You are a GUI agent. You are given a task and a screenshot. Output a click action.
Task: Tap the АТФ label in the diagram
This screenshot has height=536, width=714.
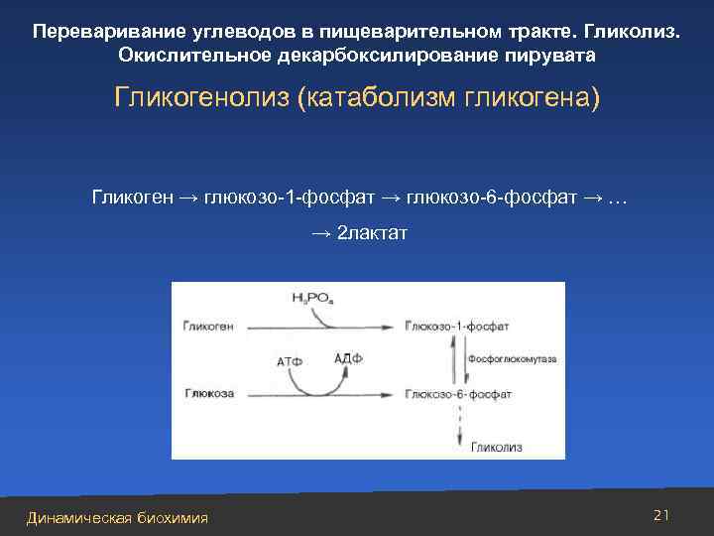point(289,362)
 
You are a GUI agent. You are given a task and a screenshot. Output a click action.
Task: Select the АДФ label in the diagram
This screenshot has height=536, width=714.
point(348,359)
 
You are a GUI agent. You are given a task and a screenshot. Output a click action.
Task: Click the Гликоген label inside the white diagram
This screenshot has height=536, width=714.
point(208,327)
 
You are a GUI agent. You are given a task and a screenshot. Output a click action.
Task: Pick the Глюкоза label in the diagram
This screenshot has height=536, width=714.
point(208,394)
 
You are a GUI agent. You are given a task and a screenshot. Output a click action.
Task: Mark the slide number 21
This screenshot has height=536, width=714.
point(662,514)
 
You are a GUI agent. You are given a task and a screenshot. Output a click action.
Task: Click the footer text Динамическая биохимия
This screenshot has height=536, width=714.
point(117,517)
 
